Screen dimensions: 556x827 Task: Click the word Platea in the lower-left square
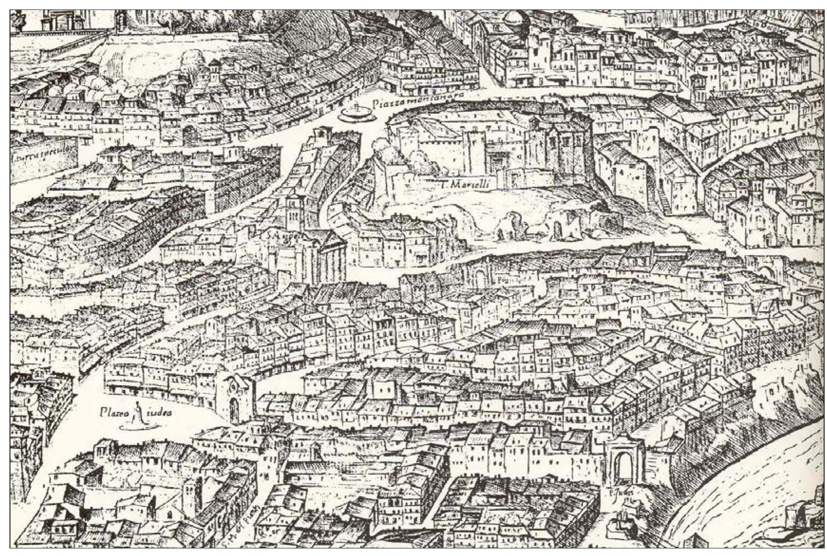click(x=114, y=413)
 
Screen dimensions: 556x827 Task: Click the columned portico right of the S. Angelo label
click(x=333, y=259)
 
